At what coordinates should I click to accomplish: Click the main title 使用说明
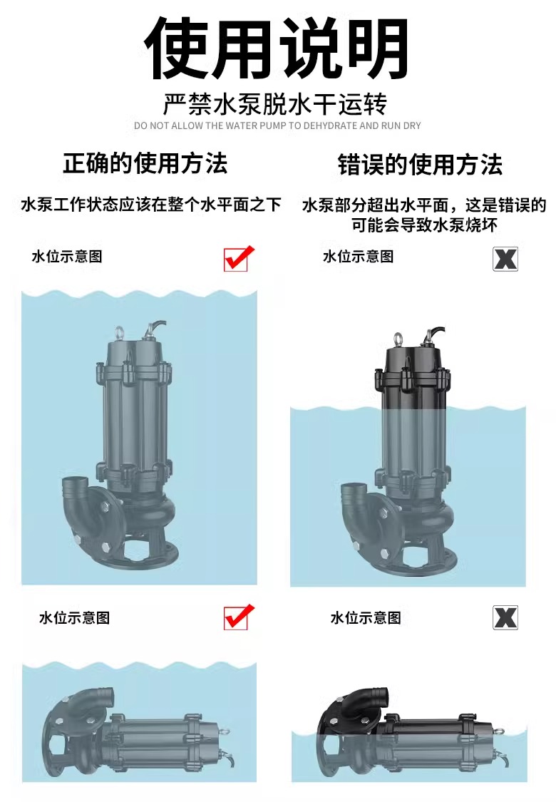tap(276, 48)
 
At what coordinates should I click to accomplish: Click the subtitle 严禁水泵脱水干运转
tap(274, 104)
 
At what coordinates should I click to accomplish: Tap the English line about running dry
tap(277, 125)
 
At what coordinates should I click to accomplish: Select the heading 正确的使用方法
tap(145, 164)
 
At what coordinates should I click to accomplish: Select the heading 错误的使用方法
tap(421, 165)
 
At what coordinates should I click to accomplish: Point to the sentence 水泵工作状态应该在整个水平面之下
tap(151, 205)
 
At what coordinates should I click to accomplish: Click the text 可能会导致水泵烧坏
tap(424, 225)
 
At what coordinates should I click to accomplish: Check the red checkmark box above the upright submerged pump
tap(238, 258)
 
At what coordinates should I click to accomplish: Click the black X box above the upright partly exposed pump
tap(505, 259)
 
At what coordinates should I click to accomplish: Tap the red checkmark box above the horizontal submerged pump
tap(238, 617)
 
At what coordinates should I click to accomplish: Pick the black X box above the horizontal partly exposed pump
tap(505, 617)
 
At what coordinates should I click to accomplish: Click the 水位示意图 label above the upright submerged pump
tap(67, 256)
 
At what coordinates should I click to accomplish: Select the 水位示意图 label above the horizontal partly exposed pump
tap(366, 617)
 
